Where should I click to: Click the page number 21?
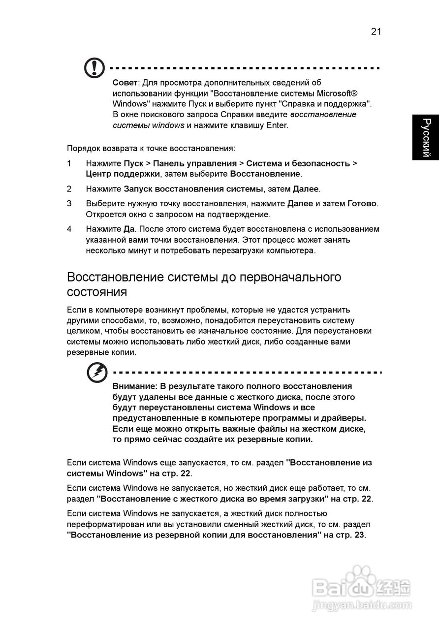tap(376, 31)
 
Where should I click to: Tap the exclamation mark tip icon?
tap(94, 68)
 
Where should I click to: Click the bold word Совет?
tap(125, 82)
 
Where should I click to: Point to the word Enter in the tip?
tap(277, 125)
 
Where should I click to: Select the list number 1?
tap(69, 163)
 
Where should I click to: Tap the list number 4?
tap(69, 229)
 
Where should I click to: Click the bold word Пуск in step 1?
tap(133, 163)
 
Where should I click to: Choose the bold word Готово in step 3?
tap(362, 203)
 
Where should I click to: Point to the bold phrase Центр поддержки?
tap(123, 174)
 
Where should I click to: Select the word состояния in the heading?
tap(97, 292)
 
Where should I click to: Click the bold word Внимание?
tap(135, 386)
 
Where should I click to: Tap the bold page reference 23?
tap(359, 535)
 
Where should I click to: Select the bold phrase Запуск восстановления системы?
tap(193, 189)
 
